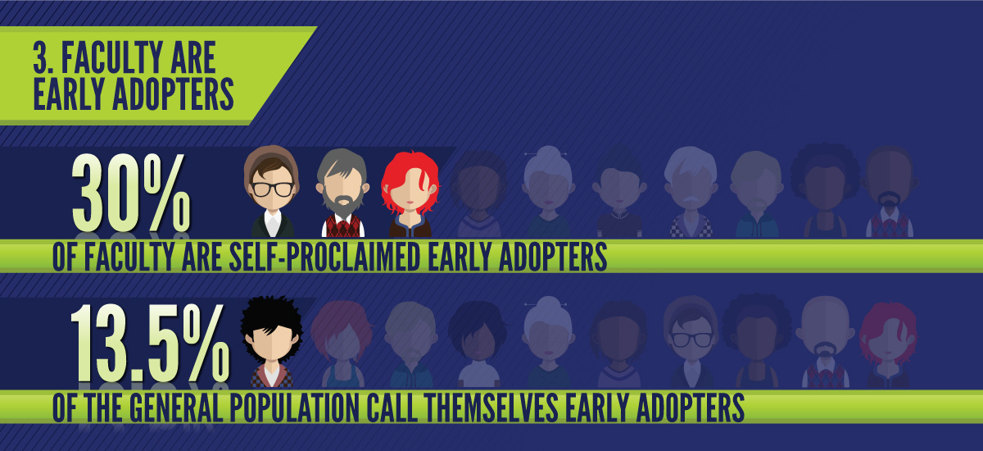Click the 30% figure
coord(131,194)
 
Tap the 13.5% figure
coord(150,343)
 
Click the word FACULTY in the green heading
coord(111,57)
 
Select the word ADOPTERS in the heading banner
coord(174,94)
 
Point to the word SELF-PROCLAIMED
coord(325,257)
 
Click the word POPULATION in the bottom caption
coord(294,408)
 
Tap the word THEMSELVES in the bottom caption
coord(491,408)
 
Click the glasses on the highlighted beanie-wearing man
coord(272,189)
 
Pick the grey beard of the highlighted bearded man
coord(342,203)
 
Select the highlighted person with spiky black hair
coord(272,342)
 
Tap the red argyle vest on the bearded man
coord(343,226)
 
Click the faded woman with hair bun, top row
coord(548,192)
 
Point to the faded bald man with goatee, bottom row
coord(825,342)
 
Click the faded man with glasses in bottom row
coord(691,342)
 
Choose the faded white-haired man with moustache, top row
coord(691,192)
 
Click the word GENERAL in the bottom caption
coord(176,408)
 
